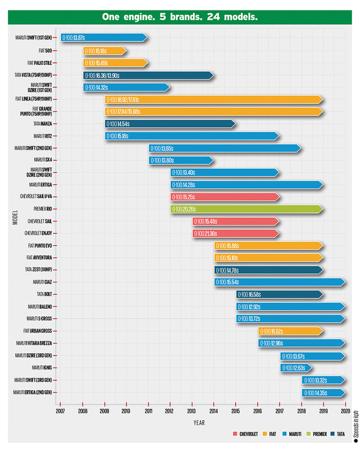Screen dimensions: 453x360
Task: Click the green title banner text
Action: [180, 17]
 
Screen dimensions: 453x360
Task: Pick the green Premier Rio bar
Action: [247, 209]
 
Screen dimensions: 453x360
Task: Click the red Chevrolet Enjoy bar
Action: [236, 234]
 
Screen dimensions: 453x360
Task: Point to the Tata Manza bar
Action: [170, 124]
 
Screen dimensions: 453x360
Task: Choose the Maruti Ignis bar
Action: [296, 368]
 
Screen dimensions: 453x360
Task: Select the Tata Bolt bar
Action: [280, 294]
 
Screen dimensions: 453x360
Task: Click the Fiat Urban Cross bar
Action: [291, 331]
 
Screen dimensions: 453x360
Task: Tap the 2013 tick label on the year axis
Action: [192, 411]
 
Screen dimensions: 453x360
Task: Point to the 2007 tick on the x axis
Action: [61, 411]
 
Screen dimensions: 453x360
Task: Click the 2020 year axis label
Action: [345, 411]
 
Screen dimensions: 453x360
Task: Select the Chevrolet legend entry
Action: [246, 434]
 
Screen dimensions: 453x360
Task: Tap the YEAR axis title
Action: [200, 423]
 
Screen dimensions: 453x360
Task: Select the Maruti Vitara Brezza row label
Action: [36, 343]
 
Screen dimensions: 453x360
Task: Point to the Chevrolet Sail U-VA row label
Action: [38, 197]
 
